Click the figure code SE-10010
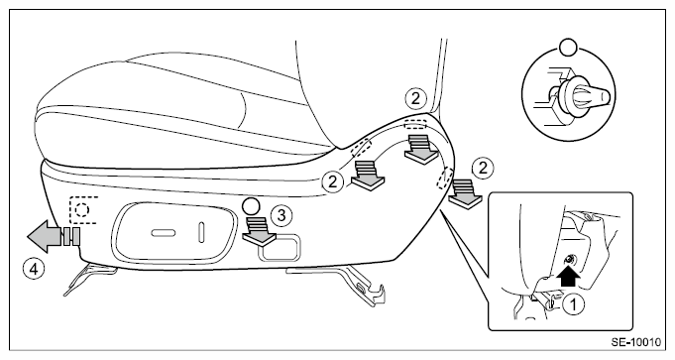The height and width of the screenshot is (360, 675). tap(635, 342)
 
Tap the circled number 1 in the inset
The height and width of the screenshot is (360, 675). tap(574, 304)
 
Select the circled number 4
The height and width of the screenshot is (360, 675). tap(34, 270)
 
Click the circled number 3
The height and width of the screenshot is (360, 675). tap(281, 215)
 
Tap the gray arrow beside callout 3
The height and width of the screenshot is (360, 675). tap(259, 231)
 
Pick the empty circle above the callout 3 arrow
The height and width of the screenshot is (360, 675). tap(251, 206)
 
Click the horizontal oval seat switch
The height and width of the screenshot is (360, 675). tap(164, 233)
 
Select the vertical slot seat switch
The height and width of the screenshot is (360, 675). tap(201, 232)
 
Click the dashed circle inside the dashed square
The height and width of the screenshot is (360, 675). tap(82, 210)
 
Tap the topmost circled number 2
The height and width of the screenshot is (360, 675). tap(415, 98)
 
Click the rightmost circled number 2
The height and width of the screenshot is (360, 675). tap(483, 168)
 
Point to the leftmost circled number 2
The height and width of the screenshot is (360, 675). tap(333, 181)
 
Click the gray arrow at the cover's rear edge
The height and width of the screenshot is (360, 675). tap(465, 193)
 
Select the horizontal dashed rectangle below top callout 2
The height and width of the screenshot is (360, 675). tap(415, 124)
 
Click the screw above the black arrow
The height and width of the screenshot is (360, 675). tap(570, 259)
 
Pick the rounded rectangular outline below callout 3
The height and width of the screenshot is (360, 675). tap(280, 247)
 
